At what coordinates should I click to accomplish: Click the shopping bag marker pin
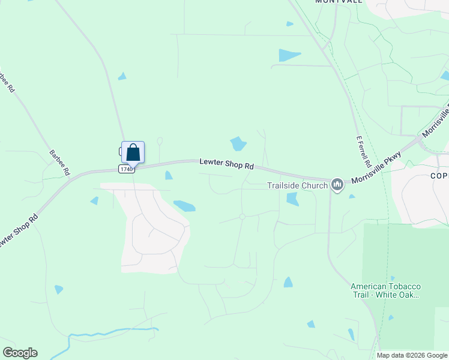pos(133,152)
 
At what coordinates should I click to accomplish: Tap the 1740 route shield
pos(126,169)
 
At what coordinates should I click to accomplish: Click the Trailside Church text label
pos(297,185)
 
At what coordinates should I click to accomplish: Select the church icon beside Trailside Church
pos(337,185)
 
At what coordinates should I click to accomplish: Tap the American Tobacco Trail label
pos(385,290)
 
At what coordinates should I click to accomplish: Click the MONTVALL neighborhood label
pos(339,2)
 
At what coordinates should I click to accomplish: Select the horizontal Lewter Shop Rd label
pos(227,163)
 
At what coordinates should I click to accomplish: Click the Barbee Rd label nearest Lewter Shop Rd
pos(60,162)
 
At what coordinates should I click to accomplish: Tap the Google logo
pos(20,353)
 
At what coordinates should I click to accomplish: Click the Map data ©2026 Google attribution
pos(412,355)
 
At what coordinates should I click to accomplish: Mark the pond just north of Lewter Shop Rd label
pos(238,144)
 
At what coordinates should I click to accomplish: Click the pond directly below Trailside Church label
pos(292,199)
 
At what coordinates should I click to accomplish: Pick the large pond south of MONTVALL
pos(289,56)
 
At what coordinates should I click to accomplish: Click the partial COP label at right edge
pos(439,176)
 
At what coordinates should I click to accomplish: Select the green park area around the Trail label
pos(408,258)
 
